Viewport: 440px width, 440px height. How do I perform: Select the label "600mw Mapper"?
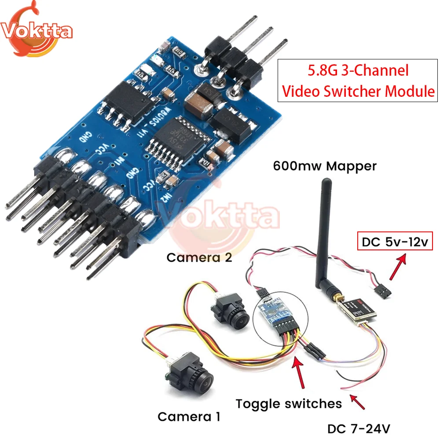pos(325,166)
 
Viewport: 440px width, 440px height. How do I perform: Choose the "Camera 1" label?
pos(189,416)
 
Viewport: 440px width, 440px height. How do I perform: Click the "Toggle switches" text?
pos(289,403)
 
